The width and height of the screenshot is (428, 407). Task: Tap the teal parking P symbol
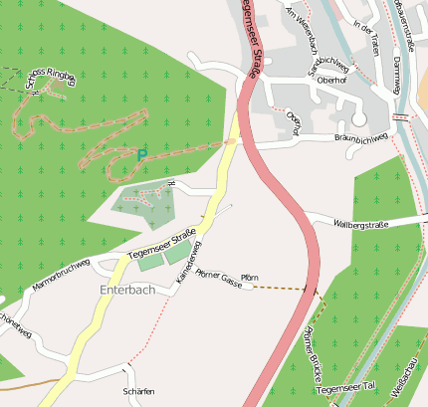[x=140, y=154]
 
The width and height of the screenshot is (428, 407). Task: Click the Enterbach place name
[x=127, y=290]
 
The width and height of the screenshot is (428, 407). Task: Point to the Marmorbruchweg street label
[x=62, y=276]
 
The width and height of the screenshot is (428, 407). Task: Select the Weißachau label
[x=409, y=379]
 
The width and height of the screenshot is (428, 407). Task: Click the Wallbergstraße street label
[x=362, y=224]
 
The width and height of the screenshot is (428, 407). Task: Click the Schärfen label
[x=138, y=392]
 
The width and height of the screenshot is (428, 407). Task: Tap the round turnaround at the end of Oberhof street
[x=358, y=119]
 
